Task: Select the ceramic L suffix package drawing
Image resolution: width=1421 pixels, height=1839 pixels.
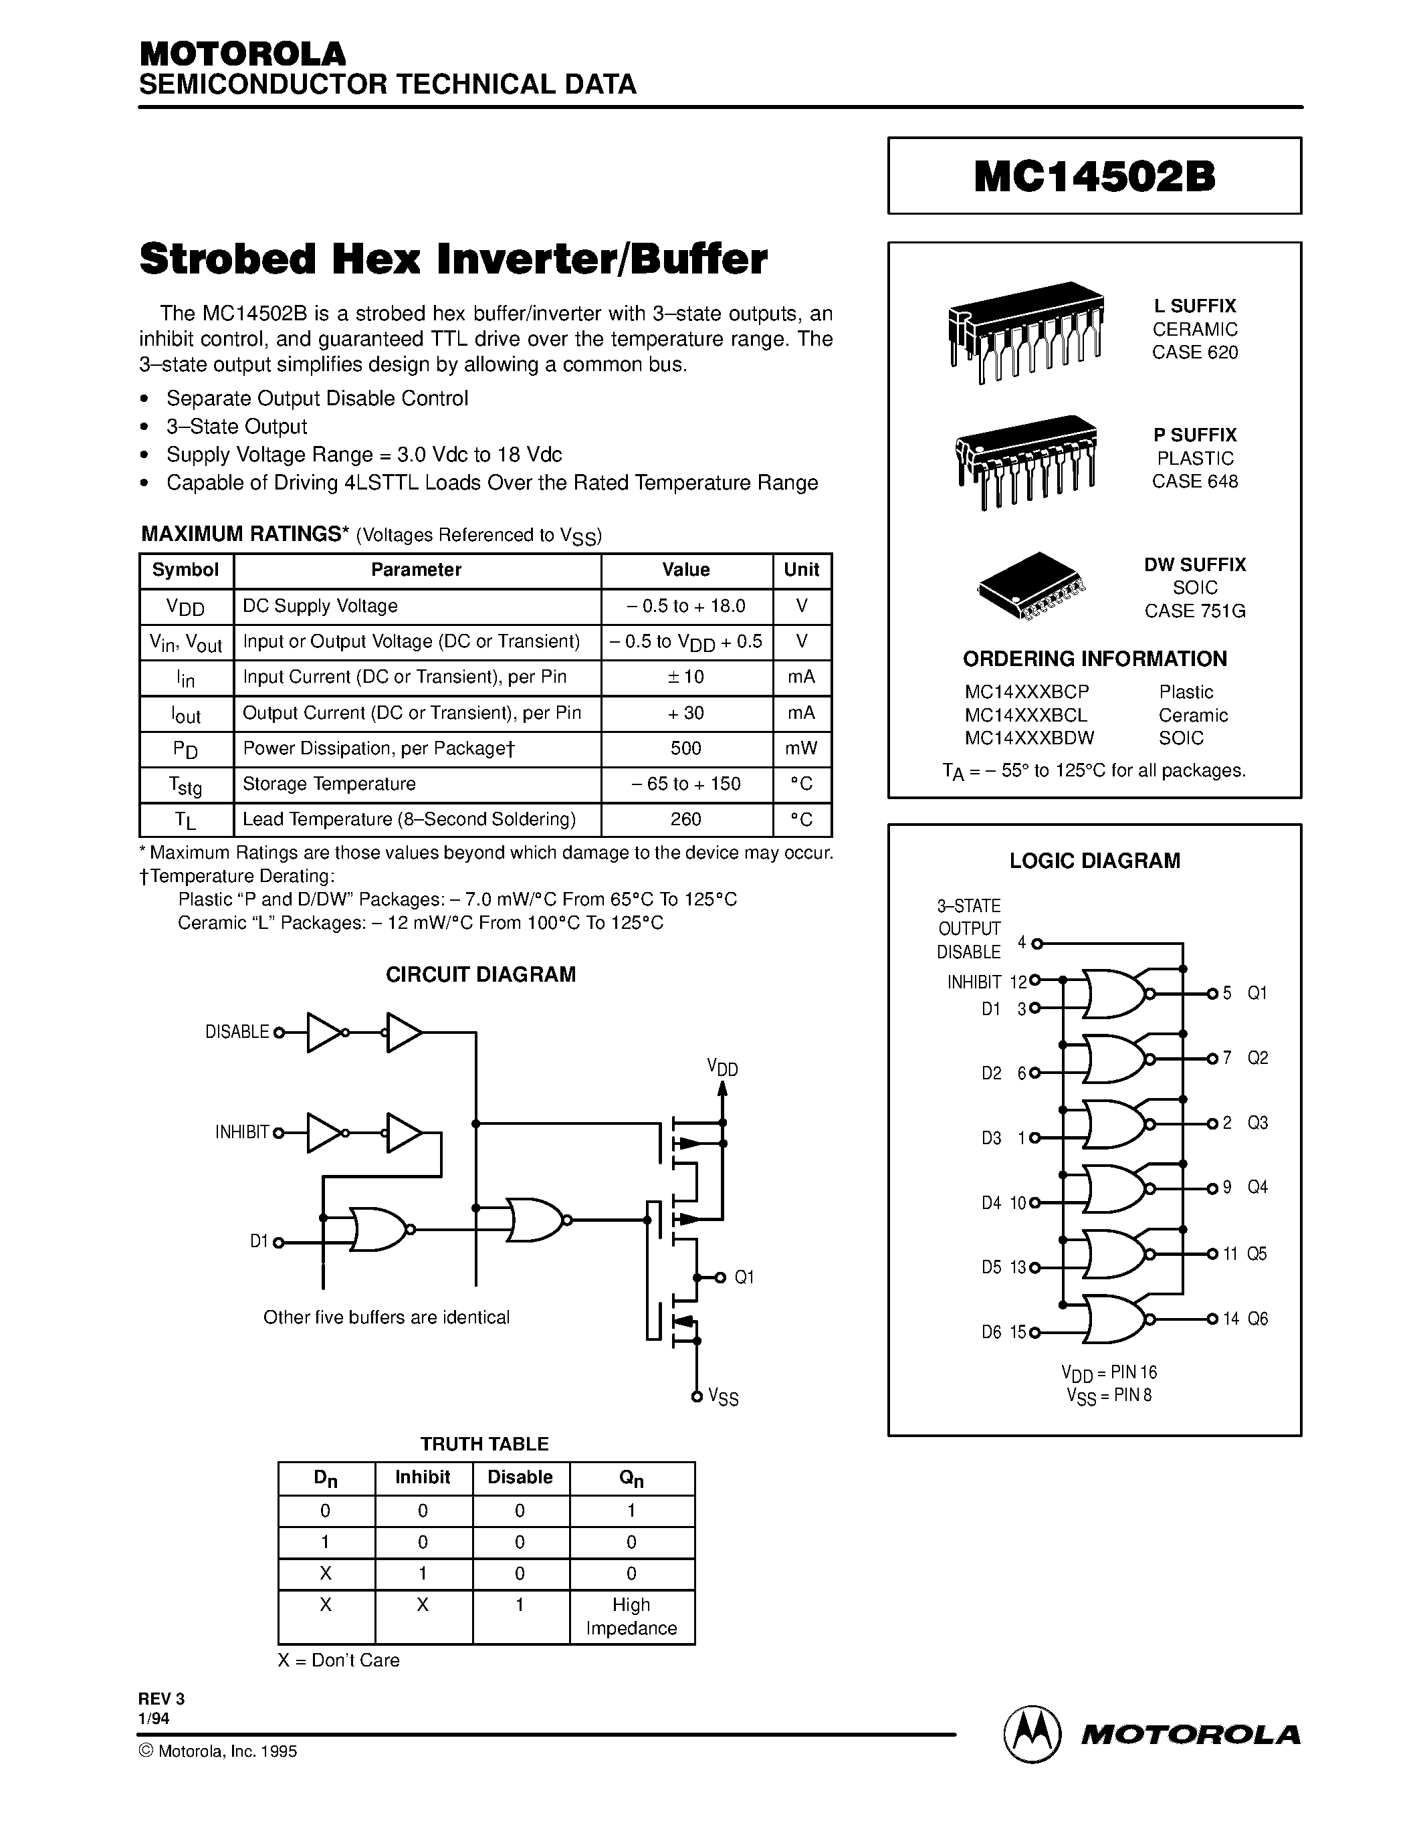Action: click(1025, 331)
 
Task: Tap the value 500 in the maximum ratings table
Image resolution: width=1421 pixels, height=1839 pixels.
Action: click(686, 748)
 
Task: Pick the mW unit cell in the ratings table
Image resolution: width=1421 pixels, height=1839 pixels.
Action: click(801, 748)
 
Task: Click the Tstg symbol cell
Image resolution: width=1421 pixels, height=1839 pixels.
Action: click(186, 785)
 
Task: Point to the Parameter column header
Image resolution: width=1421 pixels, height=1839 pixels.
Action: click(416, 570)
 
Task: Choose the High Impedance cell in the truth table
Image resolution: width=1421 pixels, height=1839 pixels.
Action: click(631, 1616)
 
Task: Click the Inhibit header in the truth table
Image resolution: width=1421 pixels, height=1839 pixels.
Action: click(423, 1477)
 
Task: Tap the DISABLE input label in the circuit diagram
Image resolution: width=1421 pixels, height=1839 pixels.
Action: click(237, 1031)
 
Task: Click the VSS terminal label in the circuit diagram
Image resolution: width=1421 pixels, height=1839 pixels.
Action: click(723, 1397)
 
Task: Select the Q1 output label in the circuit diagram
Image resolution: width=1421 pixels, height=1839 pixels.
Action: click(744, 1277)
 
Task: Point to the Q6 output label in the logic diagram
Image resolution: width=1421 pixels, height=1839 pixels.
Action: click(1257, 1319)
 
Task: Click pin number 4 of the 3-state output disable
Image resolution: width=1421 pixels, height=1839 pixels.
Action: click(1022, 942)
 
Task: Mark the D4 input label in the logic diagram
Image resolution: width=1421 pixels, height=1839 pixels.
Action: click(991, 1203)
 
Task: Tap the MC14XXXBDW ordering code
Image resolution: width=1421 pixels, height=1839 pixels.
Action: click(1028, 738)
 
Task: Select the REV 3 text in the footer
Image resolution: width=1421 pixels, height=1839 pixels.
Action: click(162, 1699)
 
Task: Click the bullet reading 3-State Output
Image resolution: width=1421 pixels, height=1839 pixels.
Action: click(237, 426)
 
